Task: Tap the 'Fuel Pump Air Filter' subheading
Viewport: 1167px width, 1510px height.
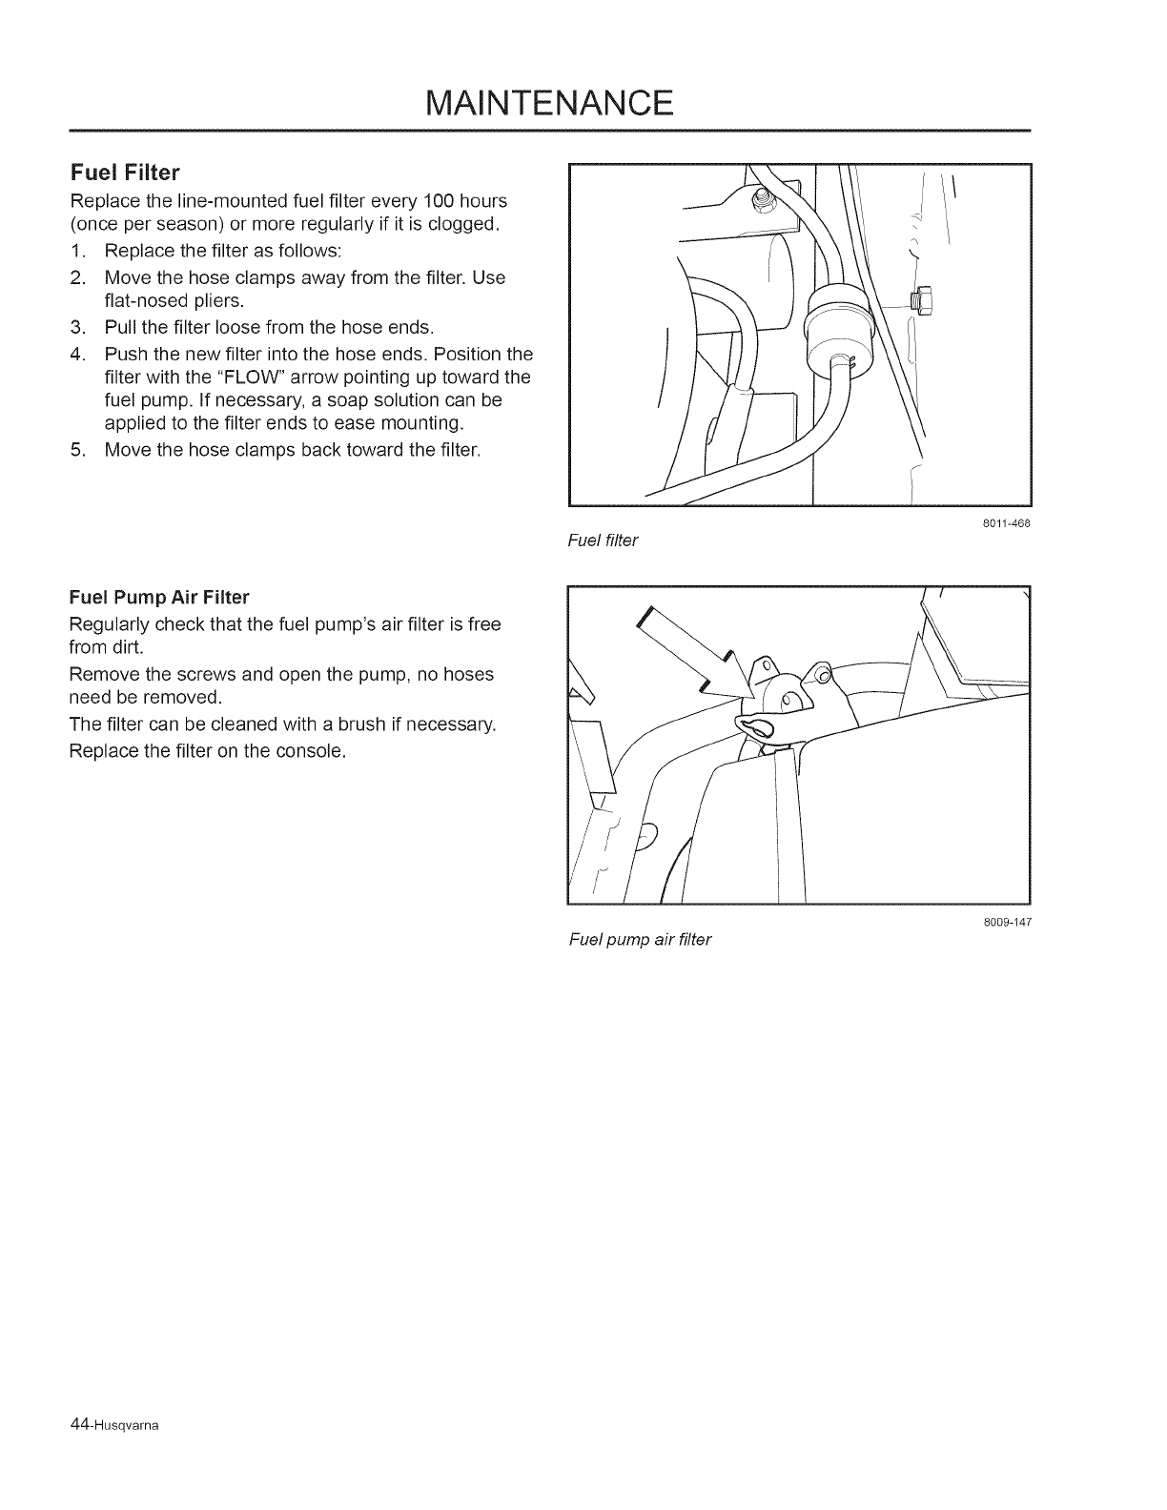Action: (159, 598)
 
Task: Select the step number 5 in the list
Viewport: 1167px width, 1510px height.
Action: (77, 450)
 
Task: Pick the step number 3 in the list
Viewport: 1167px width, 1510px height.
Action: (77, 328)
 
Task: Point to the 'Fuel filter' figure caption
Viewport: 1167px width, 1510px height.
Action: (602, 541)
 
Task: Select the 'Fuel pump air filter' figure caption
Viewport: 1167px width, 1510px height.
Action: (640, 940)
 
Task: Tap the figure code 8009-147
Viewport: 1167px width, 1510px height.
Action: (1010, 923)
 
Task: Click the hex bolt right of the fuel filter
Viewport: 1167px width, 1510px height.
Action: (920, 300)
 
